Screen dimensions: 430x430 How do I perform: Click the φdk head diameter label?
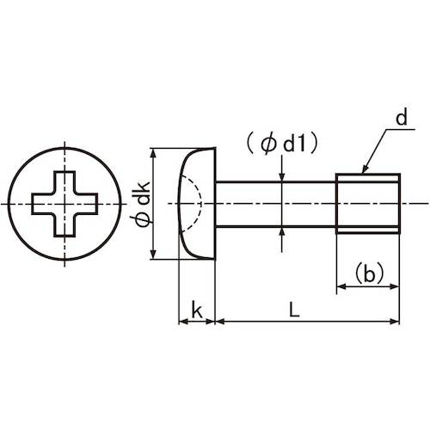click(142, 204)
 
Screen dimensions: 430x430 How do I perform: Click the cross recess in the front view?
click(64, 204)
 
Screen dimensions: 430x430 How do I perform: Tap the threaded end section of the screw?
click(368, 204)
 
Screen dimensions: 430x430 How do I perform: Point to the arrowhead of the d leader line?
click(365, 172)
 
